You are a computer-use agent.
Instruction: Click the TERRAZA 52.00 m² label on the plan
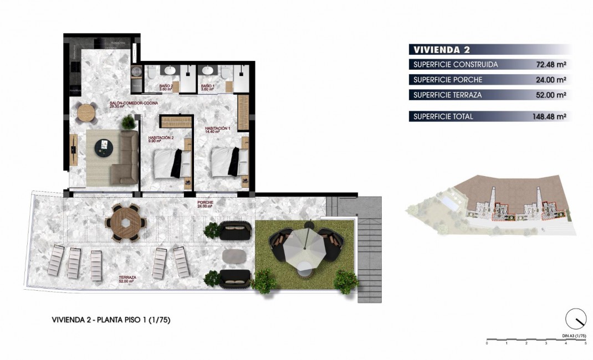pos(127,279)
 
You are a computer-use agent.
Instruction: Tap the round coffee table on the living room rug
pos(103,146)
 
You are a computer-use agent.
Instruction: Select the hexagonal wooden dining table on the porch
pos(127,223)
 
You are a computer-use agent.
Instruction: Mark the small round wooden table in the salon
pos(87,113)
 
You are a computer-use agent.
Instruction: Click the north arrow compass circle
pos(576,320)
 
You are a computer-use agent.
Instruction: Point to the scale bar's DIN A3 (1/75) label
pos(573,336)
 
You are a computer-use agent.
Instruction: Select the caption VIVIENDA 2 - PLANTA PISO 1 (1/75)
pos(107,320)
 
